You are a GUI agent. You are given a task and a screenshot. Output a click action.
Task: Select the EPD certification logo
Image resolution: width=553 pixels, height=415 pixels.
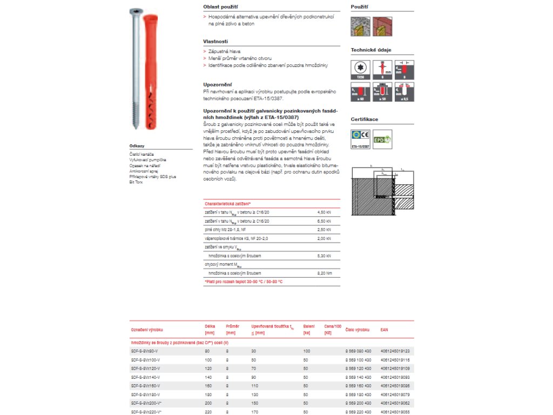point(382,139)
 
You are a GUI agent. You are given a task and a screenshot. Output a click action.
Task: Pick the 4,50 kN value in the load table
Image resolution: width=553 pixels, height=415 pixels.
point(324,212)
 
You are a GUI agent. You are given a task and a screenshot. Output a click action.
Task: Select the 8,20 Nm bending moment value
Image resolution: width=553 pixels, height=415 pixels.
point(324,273)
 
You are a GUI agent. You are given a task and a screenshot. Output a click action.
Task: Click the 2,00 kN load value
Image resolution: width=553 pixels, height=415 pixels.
point(324,238)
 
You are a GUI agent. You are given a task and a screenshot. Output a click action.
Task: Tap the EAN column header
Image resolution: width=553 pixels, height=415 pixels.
point(384,329)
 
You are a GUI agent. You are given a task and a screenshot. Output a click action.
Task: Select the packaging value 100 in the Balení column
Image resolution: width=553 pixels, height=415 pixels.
point(306,351)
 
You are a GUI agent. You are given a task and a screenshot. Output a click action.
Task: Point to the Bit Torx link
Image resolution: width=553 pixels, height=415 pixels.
point(135,182)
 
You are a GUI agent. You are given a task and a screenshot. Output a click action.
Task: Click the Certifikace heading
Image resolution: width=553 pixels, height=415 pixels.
point(365,119)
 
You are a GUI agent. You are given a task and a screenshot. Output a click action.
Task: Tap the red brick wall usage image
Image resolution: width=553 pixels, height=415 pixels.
point(382,26)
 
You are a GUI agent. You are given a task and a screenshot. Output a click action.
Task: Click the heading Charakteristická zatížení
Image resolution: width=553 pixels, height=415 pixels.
point(228,204)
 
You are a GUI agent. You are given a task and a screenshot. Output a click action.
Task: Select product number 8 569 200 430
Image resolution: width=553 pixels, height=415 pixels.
point(358,403)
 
